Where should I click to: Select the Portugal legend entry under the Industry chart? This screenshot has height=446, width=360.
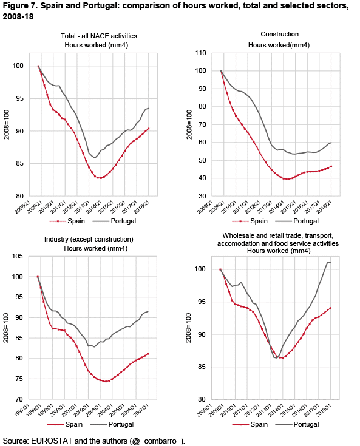coord(112,424)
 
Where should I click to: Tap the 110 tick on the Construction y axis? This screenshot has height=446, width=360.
coord(200,53)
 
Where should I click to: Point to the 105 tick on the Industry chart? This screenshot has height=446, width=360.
coord(18,256)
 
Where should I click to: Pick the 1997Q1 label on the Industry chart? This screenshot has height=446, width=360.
coord(22,410)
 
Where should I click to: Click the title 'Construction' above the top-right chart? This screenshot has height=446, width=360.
coord(279,34)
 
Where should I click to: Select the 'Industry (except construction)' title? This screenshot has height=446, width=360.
coord(89,239)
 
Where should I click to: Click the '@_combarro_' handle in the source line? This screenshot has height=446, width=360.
coord(156,441)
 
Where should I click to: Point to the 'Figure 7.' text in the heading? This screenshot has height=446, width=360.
coord(20,5)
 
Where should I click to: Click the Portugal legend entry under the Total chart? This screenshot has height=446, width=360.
coord(114,221)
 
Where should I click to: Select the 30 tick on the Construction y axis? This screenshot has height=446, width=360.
coord(202,196)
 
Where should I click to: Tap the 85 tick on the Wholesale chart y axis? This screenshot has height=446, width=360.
coord(202,367)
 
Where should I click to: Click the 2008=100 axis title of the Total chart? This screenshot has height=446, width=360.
coord(6,124)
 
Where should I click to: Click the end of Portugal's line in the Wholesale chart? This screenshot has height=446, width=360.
coord(330,263)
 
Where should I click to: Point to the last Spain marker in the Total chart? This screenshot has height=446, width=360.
coord(149,129)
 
